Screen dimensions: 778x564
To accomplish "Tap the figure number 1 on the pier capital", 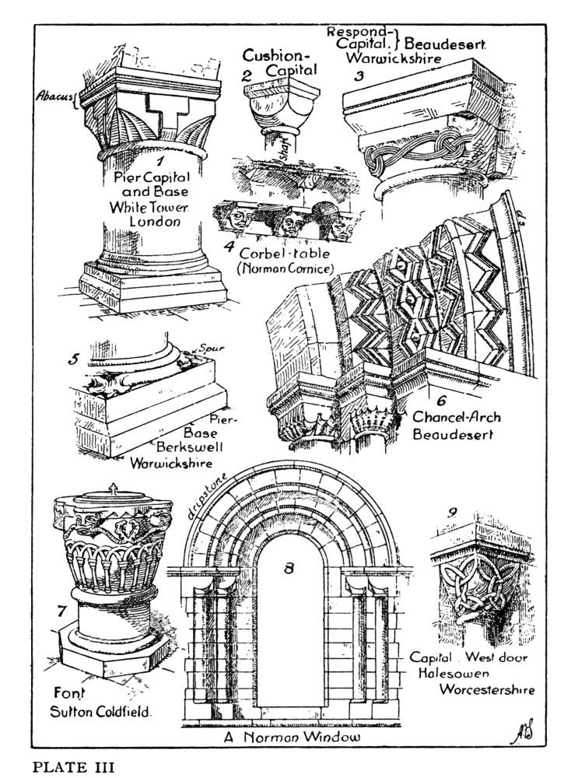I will click(x=159, y=162).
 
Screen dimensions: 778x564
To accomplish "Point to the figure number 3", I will click(x=359, y=76).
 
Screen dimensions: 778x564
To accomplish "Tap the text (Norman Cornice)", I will click(x=285, y=269).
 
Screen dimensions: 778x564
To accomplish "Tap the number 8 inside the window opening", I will click(x=289, y=569).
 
